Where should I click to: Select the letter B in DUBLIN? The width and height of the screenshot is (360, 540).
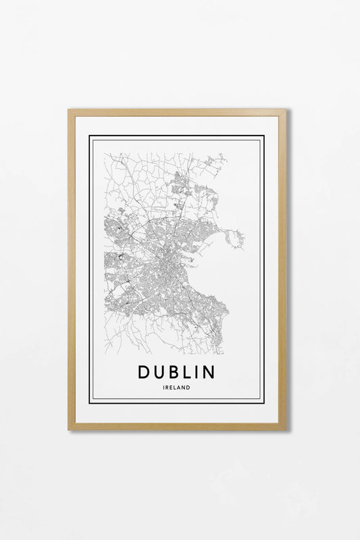(176, 372)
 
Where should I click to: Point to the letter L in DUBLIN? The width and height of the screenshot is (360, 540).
(188, 372)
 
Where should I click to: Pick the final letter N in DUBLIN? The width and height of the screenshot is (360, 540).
(209, 372)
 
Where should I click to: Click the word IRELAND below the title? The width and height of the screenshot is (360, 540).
(176, 387)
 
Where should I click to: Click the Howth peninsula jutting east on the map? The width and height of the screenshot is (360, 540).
(235, 238)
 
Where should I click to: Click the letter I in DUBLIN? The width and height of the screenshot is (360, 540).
(198, 372)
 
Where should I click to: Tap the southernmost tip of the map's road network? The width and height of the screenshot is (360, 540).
(217, 352)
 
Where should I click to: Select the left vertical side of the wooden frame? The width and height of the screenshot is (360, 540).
(72, 270)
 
